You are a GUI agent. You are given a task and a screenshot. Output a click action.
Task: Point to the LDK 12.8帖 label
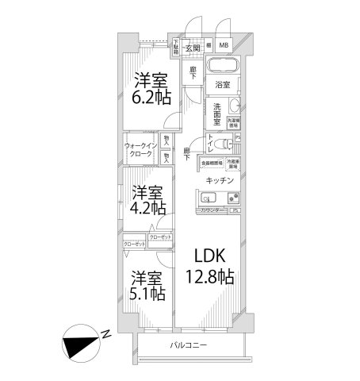click(x=209, y=267)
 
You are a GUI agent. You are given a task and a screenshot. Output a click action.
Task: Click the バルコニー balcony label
click(x=188, y=345)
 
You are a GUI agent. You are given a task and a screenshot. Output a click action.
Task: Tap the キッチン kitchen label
click(x=218, y=180)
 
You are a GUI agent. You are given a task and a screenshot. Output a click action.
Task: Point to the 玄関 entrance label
click(x=193, y=48)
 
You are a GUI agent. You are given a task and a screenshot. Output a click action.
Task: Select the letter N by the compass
click(x=105, y=334)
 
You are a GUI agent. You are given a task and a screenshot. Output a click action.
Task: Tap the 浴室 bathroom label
click(x=221, y=84)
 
